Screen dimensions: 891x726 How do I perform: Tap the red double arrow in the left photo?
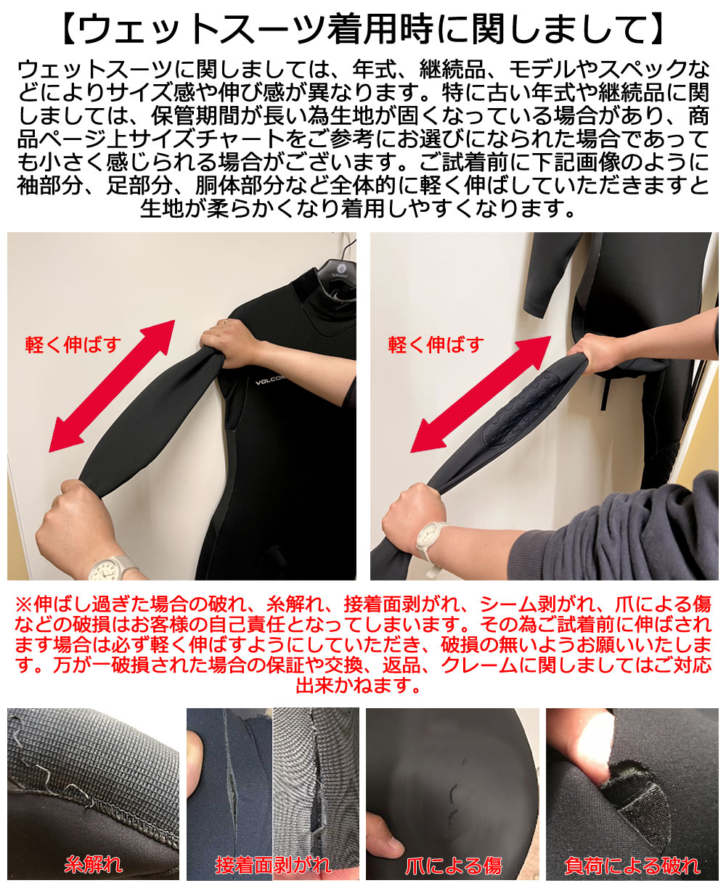[113, 387]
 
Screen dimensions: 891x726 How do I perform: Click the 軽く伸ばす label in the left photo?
[73, 344]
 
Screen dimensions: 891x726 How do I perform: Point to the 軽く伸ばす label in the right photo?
[436, 344]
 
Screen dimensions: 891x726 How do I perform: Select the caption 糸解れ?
[94, 864]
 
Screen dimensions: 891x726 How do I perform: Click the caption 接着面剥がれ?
[273, 864]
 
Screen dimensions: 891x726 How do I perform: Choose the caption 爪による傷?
[453, 864]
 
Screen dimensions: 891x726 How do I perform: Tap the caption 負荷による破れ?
[632, 864]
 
